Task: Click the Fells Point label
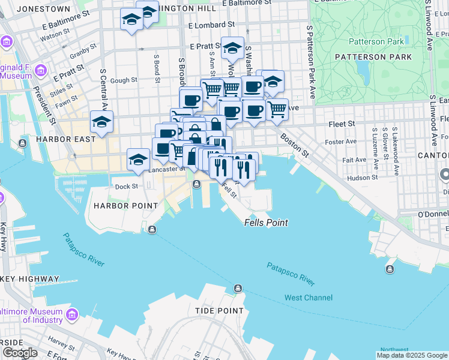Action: click(x=266, y=223)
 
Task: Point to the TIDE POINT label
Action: click(x=219, y=311)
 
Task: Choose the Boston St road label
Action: click(x=294, y=145)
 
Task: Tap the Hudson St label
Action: click(x=363, y=178)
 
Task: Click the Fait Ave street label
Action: click(x=354, y=160)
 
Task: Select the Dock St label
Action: click(x=127, y=187)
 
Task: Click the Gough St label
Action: click(x=124, y=80)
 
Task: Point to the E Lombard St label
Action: click(x=211, y=25)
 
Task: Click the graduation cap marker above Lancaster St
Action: click(x=138, y=159)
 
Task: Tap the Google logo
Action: click(x=20, y=353)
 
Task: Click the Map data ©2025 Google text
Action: click(x=411, y=355)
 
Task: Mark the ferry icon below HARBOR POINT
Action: click(x=152, y=229)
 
